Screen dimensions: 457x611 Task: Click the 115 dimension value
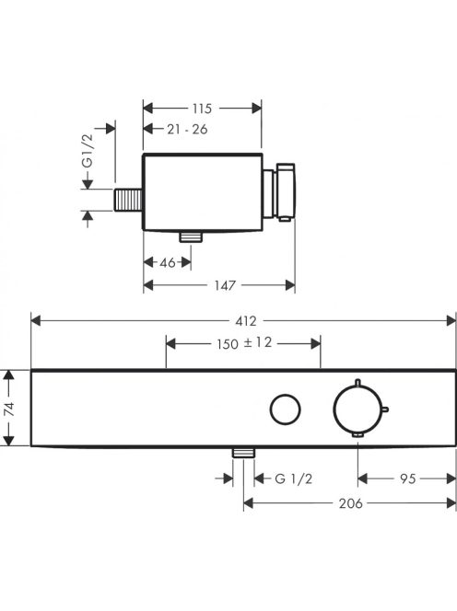(x=202, y=109)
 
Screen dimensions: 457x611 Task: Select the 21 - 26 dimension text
(x=187, y=129)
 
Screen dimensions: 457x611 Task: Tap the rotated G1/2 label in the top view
(x=88, y=151)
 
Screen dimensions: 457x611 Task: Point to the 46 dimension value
(x=168, y=262)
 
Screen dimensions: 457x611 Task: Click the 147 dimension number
(x=225, y=285)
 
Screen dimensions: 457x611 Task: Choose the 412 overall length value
(x=246, y=321)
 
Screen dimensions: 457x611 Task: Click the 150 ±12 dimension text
(x=244, y=343)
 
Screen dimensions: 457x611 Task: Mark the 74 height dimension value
(x=9, y=409)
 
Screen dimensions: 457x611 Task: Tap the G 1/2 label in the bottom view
(x=294, y=478)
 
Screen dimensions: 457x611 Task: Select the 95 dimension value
(x=408, y=478)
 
